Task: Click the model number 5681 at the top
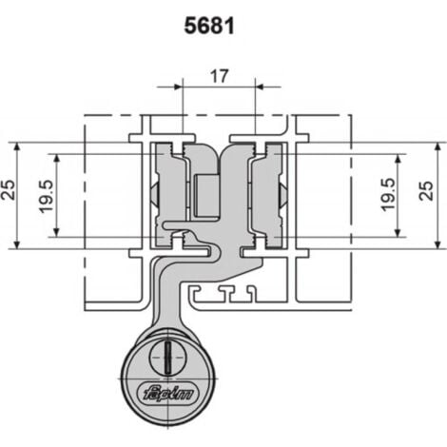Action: pos(209,26)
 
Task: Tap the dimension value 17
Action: pos(220,76)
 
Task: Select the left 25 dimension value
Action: pos(9,189)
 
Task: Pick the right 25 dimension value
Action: pos(426,190)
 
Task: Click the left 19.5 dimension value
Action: pos(46,197)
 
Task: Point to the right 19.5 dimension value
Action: pos(388,195)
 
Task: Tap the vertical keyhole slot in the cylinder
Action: pos(167,357)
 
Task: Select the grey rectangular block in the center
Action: pos(207,195)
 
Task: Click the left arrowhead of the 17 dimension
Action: pos(179,87)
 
